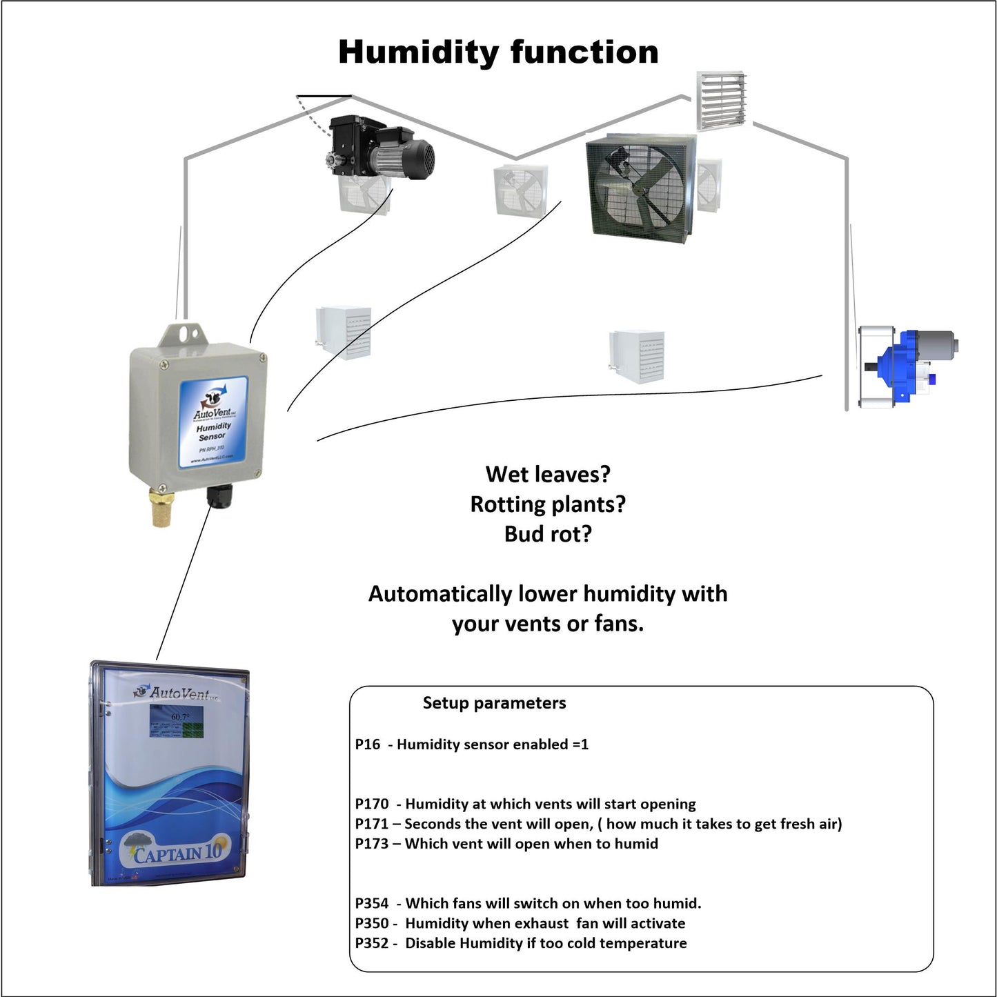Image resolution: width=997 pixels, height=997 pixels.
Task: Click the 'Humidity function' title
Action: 498,52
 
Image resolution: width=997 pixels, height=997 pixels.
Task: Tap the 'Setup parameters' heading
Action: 494,703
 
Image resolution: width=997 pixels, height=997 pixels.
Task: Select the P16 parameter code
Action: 367,744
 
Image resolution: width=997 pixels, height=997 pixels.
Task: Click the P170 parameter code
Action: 371,804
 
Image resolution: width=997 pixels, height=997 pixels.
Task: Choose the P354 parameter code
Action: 371,903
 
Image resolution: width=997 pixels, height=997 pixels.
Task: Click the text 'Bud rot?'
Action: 548,534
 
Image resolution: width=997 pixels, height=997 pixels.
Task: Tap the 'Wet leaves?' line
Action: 548,474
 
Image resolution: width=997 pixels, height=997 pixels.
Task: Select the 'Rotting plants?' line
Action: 548,504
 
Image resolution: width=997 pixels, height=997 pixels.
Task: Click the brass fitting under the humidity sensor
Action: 163,509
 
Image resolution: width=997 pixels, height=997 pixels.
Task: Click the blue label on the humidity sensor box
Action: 213,422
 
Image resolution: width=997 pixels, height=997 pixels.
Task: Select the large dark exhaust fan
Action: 639,188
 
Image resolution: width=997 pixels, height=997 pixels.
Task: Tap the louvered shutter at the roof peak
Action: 721,101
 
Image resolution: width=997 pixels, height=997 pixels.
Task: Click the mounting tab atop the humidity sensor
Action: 184,335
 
